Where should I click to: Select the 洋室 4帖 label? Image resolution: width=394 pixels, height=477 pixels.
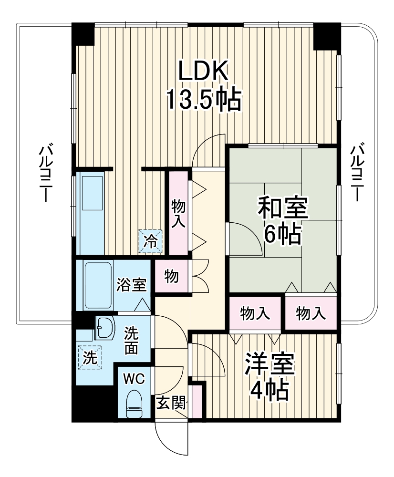[270, 377]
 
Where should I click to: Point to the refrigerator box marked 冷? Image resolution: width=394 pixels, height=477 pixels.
[151, 241]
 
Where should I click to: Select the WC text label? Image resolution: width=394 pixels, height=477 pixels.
[134, 379]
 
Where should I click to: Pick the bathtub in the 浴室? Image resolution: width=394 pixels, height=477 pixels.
[98, 284]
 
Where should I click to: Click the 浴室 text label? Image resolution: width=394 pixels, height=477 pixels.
[132, 285]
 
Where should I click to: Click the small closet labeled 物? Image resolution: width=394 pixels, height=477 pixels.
[171, 276]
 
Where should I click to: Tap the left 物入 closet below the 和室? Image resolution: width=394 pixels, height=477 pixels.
[255, 313]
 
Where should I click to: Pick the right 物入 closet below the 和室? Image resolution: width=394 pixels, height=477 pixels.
[311, 313]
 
